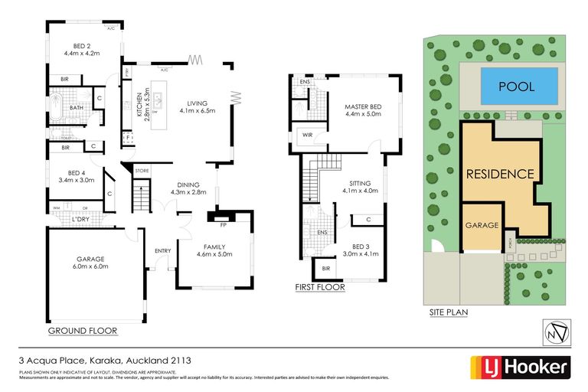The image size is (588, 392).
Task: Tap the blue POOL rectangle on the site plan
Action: [x=517, y=87]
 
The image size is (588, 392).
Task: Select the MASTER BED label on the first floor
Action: [x=363, y=106]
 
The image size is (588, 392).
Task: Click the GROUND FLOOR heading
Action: [x=82, y=331]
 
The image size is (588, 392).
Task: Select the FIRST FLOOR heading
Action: [x=319, y=288]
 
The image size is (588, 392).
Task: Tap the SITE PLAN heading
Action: [x=448, y=312]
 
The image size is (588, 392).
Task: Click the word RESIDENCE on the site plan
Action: [x=500, y=174]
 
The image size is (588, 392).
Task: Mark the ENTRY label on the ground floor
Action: [x=162, y=250]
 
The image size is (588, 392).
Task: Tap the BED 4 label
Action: [x=80, y=173]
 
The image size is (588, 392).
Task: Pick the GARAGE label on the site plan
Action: [x=482, y=226]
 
